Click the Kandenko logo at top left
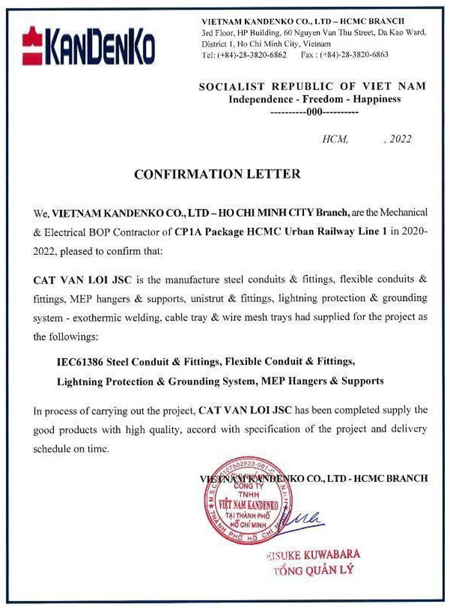(x=89, y=45)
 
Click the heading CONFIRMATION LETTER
(x=217, y=174)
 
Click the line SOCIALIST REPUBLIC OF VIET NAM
(x=312, y=87)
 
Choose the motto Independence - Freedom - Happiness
(x=315, y=99)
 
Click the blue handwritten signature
(x=307, y=515)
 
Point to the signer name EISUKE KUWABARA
(x=314, y=554)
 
